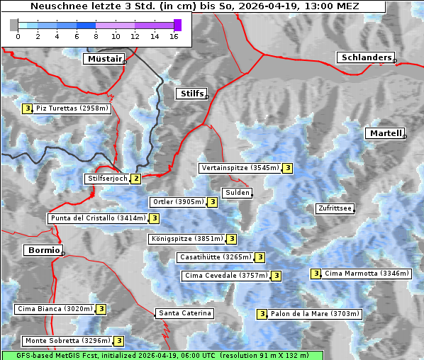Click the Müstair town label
click(104, 59)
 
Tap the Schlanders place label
click(366, 57)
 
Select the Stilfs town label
click(191, 94)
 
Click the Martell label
click(385, 133)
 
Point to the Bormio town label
click(43, 250)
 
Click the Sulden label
click(237, 193)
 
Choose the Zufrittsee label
click(335, 208)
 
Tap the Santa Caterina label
click(184, 313)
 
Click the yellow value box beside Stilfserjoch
click(135, 179)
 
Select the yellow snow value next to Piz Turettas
click(27, 108)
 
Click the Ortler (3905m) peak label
click(177, 202)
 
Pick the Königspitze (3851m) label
click(186, 240)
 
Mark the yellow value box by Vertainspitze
click(287, 168)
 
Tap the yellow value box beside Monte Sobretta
click(119, 341)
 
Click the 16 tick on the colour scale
click(174, 36)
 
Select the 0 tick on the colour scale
click(18, 36)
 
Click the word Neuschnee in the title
click(57, 6)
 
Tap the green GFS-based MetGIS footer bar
click(162, 355)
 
